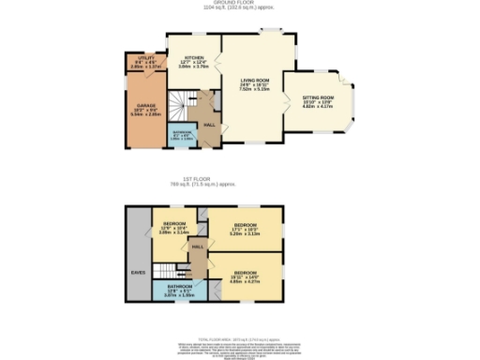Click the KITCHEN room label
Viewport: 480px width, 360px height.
(194, 55)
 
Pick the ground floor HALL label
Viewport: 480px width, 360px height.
(209, 123)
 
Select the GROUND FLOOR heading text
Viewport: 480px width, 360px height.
(240, 4)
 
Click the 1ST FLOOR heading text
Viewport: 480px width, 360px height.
(240, 180)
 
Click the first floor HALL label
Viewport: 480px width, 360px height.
(197, 247)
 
